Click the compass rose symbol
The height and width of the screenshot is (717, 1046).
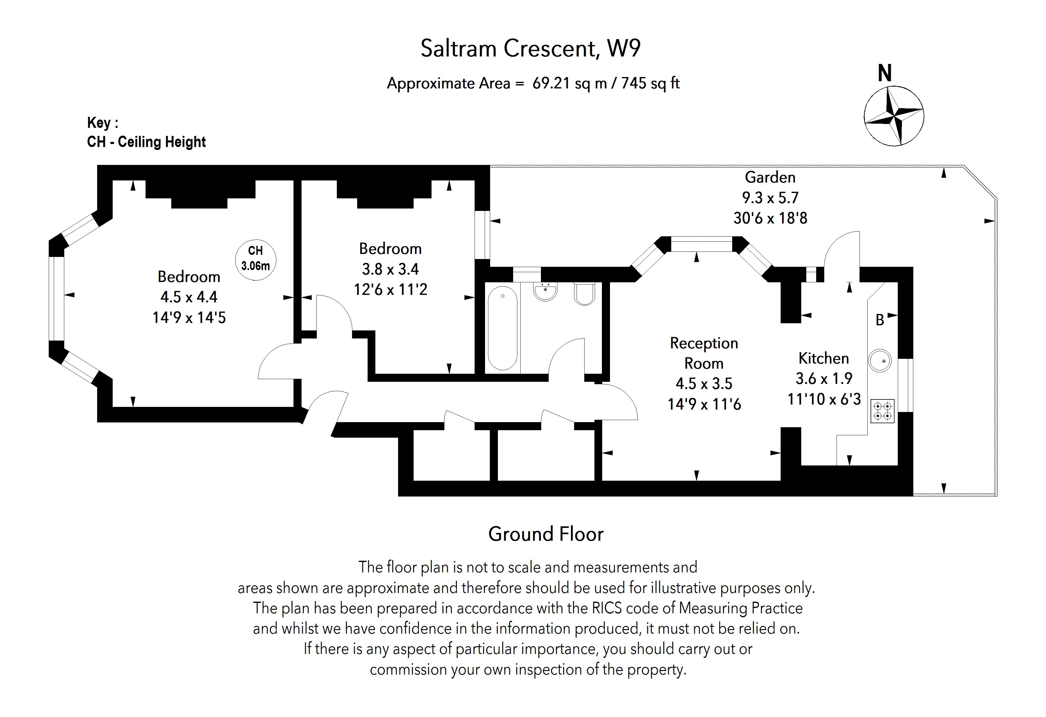[x=894, y=116]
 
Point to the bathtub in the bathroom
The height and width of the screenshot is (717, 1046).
[x=502, y=328]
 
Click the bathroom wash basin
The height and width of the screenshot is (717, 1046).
[x=545, y=291]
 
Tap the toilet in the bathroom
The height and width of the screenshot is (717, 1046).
[x=585, y=294]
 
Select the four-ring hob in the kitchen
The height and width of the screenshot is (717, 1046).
[x=882, y=411]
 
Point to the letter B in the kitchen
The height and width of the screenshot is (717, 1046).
[x=880, y=320]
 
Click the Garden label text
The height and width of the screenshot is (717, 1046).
[x=770, y=177]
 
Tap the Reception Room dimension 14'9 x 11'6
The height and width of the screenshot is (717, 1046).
[x=704, y=404]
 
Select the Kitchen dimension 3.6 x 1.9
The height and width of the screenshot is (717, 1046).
[x=824, y=378]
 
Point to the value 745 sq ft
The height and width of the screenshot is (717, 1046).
[x=650, y=83]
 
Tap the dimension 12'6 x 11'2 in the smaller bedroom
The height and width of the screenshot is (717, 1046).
[x=390, y=289]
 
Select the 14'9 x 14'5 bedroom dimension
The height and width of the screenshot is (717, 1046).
[x=189, y=318]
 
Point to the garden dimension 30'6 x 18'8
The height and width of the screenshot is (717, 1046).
[x=770, y=218]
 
